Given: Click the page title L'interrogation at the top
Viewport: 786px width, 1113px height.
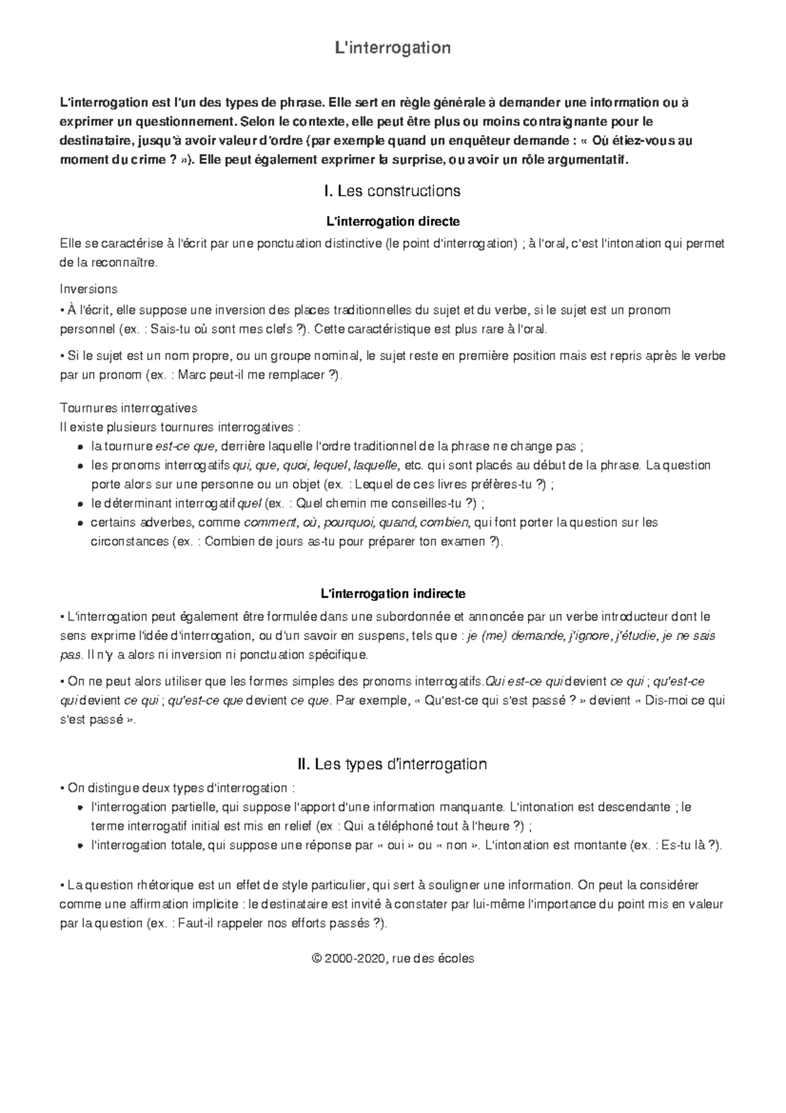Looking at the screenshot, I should [x=392, y=48].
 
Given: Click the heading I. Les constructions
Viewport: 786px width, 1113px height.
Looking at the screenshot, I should [x=392, y=191].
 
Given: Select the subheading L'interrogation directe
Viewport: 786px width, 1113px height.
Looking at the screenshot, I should [x=392, y=222].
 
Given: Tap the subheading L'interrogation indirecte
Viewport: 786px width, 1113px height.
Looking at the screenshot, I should [x=392, y=594].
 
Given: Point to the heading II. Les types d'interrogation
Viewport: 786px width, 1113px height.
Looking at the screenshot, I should [x=392, y=764].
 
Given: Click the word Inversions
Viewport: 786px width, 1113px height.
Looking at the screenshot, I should [x=88, y=289].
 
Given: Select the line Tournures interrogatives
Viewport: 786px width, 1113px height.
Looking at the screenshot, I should [x=128, y=408].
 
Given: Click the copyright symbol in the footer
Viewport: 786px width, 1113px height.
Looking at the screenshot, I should [x=318, y=958].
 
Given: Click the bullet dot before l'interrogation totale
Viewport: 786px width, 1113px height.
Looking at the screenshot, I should [x=80, y=846].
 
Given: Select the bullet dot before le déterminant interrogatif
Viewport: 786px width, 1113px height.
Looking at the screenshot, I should [x=80, y=504].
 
